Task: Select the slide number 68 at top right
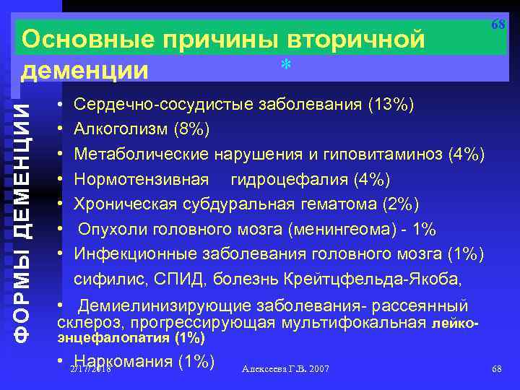498,24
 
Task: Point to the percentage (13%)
391,105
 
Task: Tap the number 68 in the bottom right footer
496,369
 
